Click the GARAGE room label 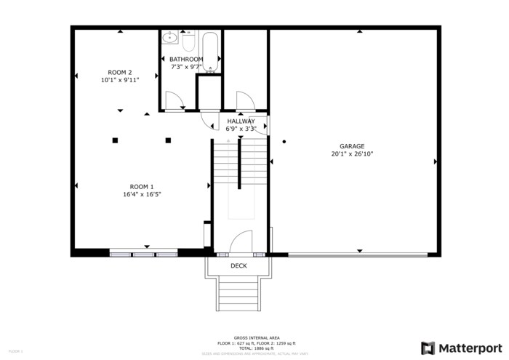(352, 146)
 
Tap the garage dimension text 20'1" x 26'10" (352, 154)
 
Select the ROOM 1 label (142, 186)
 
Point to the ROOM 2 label (120, 72)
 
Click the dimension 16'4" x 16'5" (142, 194)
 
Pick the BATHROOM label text (186, 59)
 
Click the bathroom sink (169, 37)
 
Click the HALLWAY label (241, 121)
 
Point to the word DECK (239, 266)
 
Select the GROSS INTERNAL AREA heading (257, 338)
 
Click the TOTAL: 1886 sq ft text (257, 348)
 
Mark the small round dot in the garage (284, 141)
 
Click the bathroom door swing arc (175, 100)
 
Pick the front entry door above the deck (241, 243)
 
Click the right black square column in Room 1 (168, 140)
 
